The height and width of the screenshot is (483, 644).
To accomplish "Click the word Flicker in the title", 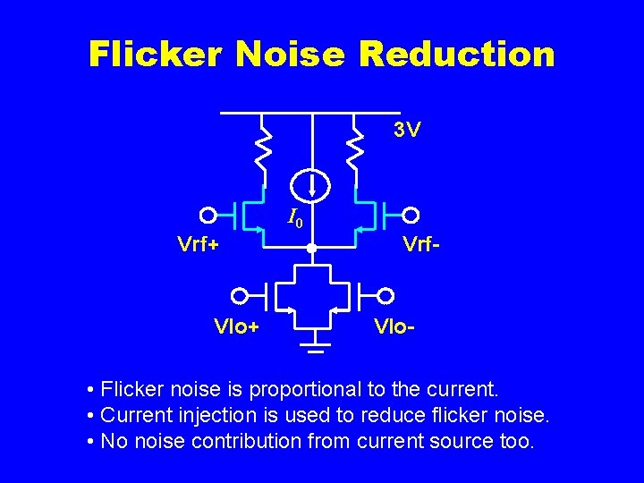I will pyautogui.click(x=154, y=55).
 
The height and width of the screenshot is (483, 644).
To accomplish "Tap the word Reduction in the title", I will pyautogui.click(x=456, y=55).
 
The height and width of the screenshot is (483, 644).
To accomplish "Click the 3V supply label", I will pyautogui.click(x=407, y=131).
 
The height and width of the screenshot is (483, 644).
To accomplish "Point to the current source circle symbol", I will pyautogui.click(x=312, y=185).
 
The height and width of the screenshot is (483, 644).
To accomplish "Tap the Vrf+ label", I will pyautogui.click(x=199, y=243).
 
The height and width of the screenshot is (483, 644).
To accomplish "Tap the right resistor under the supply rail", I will pyautogui.click(x=356, y=148).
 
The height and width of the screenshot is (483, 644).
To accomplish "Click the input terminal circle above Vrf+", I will pyautogui.click(x=208, y=215).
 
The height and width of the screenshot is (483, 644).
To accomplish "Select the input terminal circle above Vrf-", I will pyautogui.click(x=411, y=215).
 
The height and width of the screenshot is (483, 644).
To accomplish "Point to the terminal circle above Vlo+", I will pyautogui.click(x=239, y=294).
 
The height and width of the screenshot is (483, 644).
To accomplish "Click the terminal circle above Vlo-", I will pyautogui.click(x=386, y=294).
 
